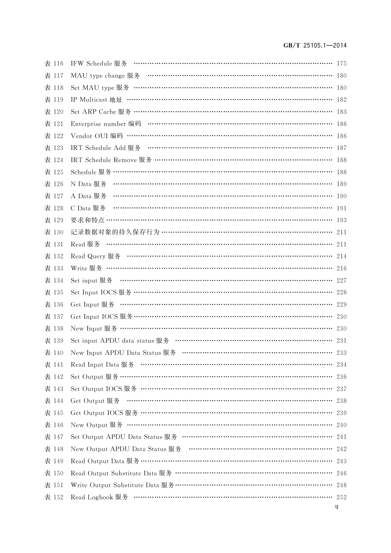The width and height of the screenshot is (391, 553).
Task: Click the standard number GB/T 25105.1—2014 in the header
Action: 315,46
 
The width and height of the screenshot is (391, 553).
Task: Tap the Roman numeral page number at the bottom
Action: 337,507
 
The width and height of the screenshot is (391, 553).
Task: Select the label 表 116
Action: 54,63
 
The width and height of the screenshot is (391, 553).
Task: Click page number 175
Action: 341,63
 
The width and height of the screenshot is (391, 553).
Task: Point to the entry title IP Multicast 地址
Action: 97,100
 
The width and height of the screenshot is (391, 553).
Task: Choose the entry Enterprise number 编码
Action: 106,124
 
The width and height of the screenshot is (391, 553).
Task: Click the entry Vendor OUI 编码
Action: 97,136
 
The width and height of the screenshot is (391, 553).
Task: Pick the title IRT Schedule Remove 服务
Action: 111,160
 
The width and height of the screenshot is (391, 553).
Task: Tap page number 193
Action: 341,220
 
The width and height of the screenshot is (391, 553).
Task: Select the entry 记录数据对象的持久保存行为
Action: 115,232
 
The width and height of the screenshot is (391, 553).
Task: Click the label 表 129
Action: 54,220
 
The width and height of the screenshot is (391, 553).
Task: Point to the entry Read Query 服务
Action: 96,256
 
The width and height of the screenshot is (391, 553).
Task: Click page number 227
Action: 341,280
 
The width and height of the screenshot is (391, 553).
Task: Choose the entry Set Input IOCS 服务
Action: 101,292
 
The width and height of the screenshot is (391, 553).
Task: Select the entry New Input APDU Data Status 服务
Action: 123,353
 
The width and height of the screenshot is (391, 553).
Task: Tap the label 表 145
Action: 54,413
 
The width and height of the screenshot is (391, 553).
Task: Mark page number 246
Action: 341,473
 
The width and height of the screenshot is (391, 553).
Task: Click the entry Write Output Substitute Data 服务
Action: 122,485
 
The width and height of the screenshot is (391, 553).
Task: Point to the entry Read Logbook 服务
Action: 99,497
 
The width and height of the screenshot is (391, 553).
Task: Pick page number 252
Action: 341,497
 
